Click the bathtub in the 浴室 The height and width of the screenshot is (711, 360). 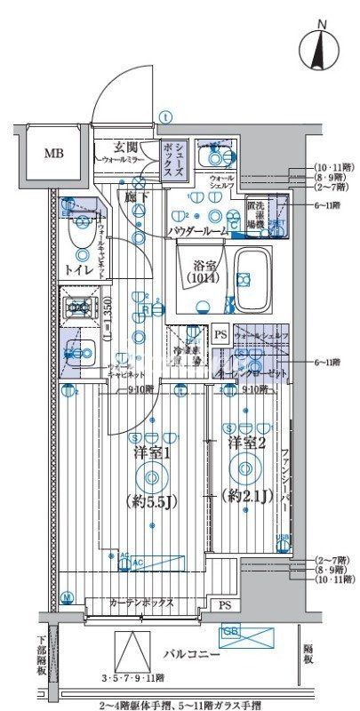[x=258, y=276]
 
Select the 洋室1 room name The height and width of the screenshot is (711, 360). [x=152, y=453]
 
